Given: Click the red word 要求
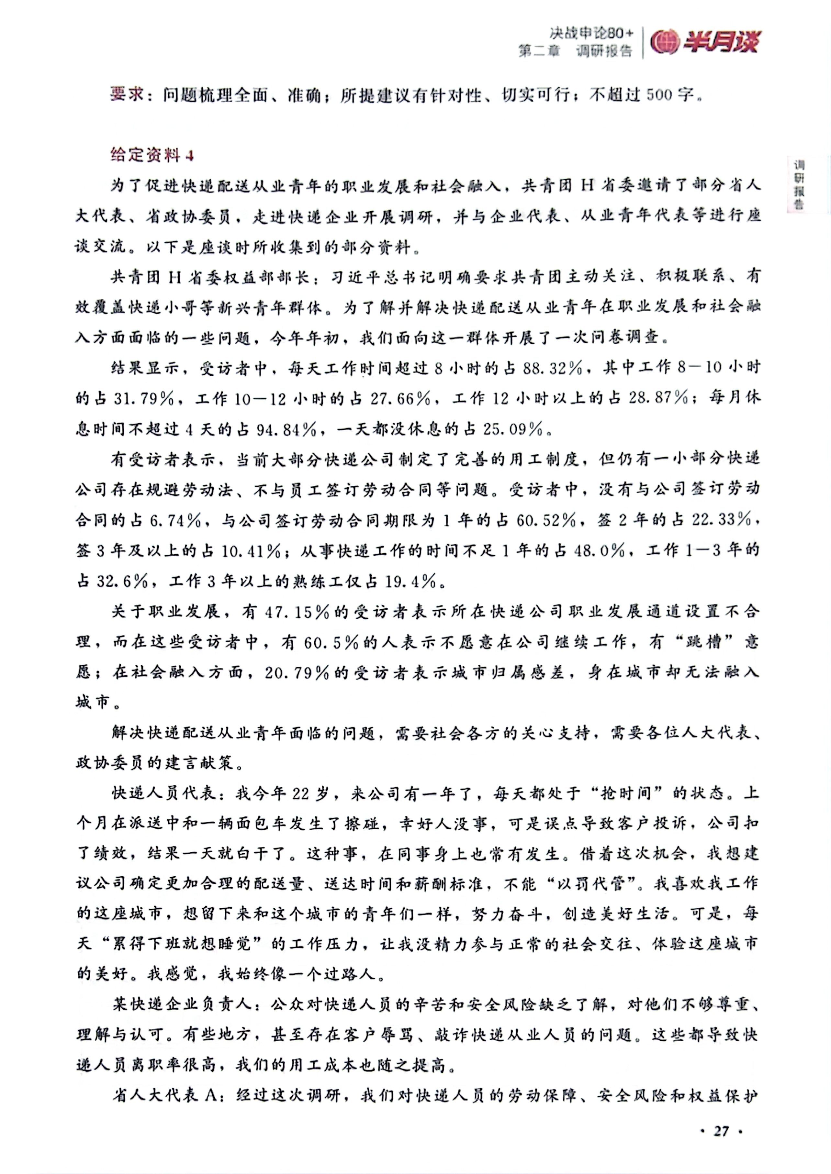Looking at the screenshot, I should coord(126,94).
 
